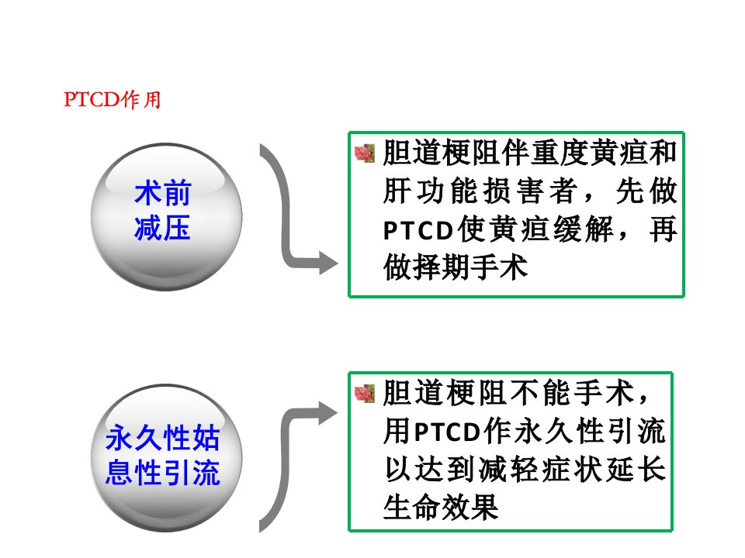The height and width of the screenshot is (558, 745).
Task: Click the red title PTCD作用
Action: point(113,100)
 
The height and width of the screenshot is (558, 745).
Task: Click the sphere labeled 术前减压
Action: point(166,216)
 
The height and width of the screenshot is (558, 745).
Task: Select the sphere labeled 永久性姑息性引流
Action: point(166,457)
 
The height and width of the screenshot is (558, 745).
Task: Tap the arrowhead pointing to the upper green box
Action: point(328,263)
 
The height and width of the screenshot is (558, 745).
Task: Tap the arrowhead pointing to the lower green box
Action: point(328,413)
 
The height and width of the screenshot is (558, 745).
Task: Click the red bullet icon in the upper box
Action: point(365,153)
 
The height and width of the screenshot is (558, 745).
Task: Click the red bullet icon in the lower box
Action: point(365,394)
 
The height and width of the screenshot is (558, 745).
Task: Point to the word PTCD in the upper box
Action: point(418,231)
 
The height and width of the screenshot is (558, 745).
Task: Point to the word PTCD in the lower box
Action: point(447,432)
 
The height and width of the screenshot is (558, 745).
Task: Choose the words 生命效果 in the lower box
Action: point(441,507)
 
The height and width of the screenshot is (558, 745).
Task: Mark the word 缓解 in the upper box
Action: point(583,229)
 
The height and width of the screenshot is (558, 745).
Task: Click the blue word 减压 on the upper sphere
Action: point(162,228)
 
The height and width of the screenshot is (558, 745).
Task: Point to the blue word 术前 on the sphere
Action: point(162,193)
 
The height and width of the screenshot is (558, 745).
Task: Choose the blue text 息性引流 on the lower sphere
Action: point(162,473)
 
